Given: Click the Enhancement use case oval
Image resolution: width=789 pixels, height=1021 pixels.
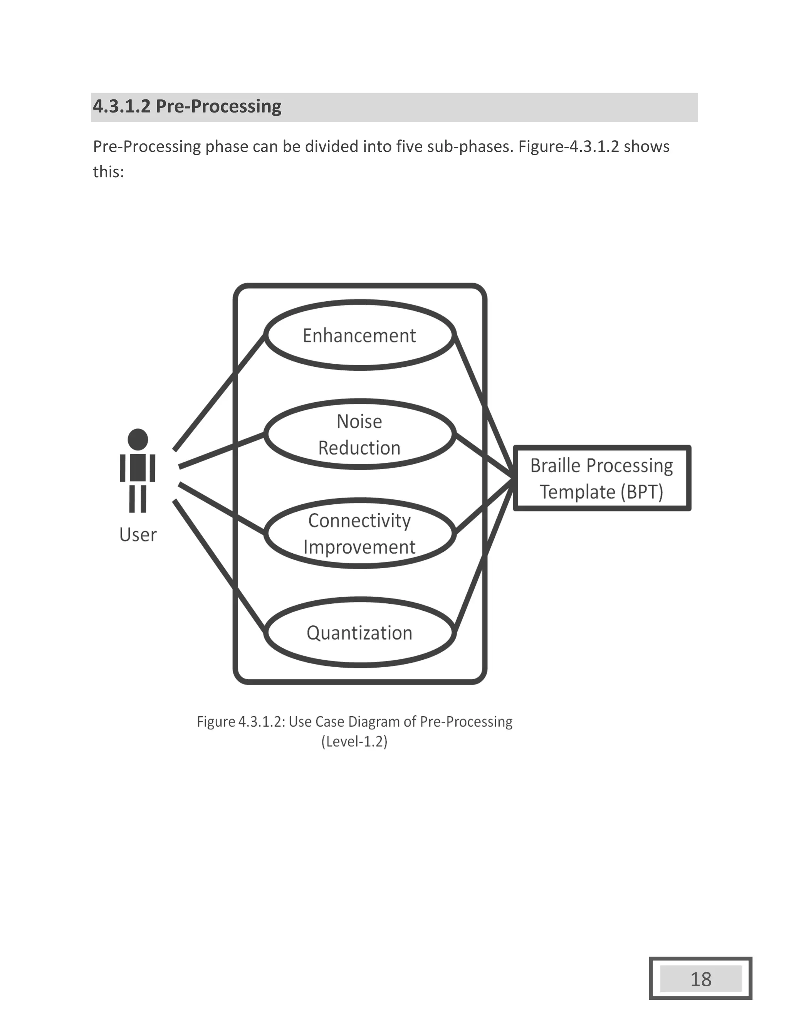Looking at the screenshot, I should tap(359, 336).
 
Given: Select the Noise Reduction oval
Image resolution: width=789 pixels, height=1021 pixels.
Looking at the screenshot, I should tap(359, 434).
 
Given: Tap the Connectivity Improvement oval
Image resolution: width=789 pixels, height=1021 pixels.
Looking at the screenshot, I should tap(359, 533).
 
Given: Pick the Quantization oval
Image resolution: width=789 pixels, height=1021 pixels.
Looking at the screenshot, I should tap(359, 633).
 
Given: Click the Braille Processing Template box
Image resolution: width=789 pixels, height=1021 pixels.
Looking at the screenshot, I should tap(601, 478).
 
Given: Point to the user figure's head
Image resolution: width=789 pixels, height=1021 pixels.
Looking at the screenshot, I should tap(138, 440).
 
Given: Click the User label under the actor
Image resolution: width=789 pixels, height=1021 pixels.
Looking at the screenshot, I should tap(138, 535).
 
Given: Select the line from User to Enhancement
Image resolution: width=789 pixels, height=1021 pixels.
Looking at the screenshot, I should tap(219, 393).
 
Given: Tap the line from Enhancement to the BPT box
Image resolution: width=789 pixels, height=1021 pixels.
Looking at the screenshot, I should tap(484, 405).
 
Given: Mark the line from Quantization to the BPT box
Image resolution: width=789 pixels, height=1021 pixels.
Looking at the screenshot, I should tap(484, 556).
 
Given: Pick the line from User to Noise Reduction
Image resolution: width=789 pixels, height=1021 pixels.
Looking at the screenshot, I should tap(222, 451).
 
